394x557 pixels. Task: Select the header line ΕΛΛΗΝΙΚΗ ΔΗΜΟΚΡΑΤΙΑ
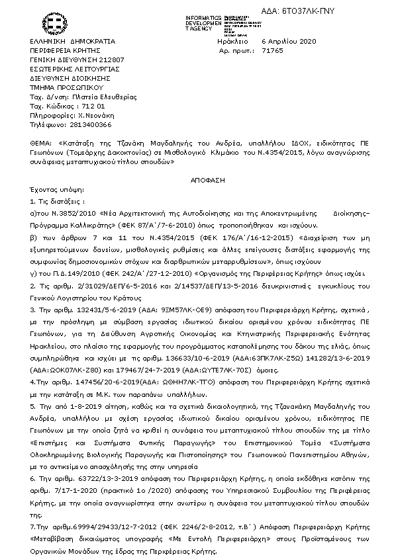click(x=64, y=41)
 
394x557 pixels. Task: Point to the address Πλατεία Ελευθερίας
click(x=98, y=97)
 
